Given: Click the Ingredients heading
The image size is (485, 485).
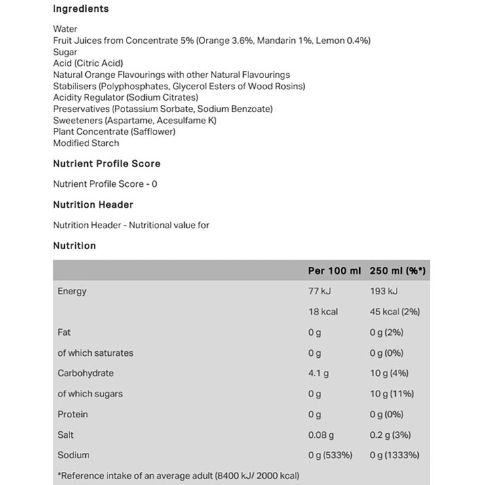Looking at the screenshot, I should (x=81, y=9).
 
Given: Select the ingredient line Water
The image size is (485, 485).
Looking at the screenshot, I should (x=65, y=29).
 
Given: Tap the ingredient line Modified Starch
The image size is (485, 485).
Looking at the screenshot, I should (x=86, y=143).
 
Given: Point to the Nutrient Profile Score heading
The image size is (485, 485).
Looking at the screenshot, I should (x=106, y=164).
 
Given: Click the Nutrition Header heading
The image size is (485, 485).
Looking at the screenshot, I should (x=92, y=204).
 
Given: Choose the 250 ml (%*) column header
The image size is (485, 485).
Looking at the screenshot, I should (x=398, y=270).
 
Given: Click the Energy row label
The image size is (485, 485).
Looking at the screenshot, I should (x=72, y=291).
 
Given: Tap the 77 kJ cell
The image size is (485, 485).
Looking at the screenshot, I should (x=320, y=291).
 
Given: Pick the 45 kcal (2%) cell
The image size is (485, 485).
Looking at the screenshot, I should (x=395, y=311).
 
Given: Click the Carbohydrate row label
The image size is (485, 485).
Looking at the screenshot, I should (x=85, y=373).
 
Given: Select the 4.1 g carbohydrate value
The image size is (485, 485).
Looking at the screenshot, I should (x=319, y=373).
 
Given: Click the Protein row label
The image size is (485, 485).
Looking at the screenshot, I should (x=73, y=414).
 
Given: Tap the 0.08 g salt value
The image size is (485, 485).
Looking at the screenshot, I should (x=321, y=435).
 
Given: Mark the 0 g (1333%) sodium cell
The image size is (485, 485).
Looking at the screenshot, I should (x=395, y=455).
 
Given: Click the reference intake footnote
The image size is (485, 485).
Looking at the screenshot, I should (x=179, y=475).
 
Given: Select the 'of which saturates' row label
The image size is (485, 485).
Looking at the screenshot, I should (x=95, y=353).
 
